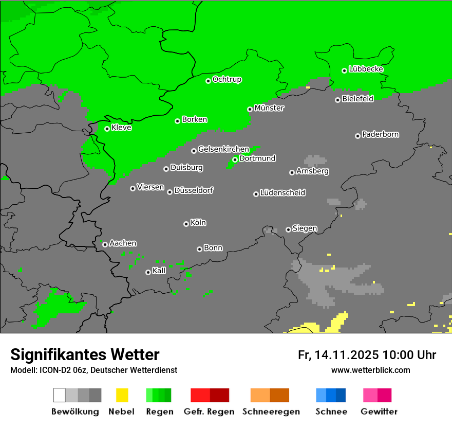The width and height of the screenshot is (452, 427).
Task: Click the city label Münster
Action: tap(269, 108)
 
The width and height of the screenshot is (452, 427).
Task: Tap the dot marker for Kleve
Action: tap(107, 129)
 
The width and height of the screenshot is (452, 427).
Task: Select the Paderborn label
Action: tap(380, 134)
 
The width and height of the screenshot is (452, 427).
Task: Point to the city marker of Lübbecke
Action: tap(345, 70)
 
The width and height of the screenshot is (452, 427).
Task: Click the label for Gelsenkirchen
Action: tap(223, 149)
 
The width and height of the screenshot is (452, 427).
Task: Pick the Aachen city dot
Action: tap(105, 244)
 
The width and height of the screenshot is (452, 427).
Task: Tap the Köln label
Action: tap(198, 223)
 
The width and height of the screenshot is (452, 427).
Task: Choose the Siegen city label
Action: tap(305, 228)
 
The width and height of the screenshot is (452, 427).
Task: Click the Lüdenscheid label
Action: tap(282, 193)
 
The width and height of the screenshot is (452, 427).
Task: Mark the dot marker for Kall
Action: tap(148, 272)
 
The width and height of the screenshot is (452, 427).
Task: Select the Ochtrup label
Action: tap(227, 80)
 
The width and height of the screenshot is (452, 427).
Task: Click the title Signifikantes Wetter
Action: tap(85, 354)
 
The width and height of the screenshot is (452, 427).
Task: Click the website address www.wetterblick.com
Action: tap(370, 370)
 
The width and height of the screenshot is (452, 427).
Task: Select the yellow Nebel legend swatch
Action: tap(122, 395)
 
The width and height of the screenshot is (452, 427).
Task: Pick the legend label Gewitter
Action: tap(379, 412)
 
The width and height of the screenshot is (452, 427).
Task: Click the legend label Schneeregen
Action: tap(271, 412)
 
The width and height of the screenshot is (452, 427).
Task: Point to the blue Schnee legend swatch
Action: tap(331, 395)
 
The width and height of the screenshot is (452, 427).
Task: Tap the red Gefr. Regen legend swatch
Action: tap(210, 395)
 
